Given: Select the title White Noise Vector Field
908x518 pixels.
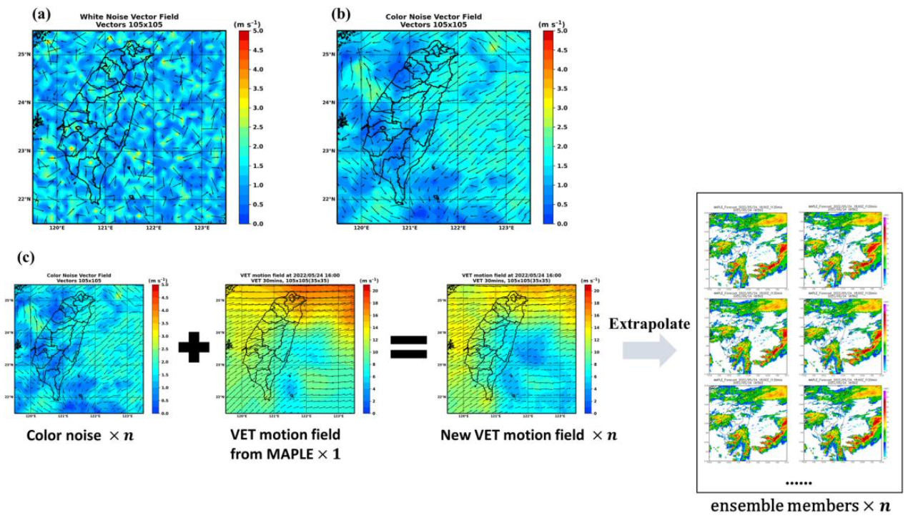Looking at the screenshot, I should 129,16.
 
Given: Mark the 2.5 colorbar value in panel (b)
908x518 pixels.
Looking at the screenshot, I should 562,127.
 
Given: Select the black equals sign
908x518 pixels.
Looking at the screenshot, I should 409,348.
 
